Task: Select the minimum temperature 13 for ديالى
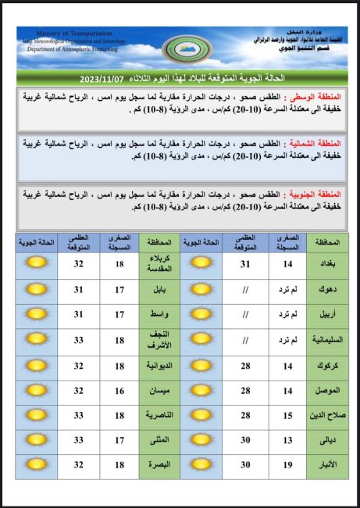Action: (287, 440)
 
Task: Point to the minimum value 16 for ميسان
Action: (119, 390)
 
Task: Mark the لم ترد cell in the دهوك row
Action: (287, 290)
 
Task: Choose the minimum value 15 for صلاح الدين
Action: (287, 414)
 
